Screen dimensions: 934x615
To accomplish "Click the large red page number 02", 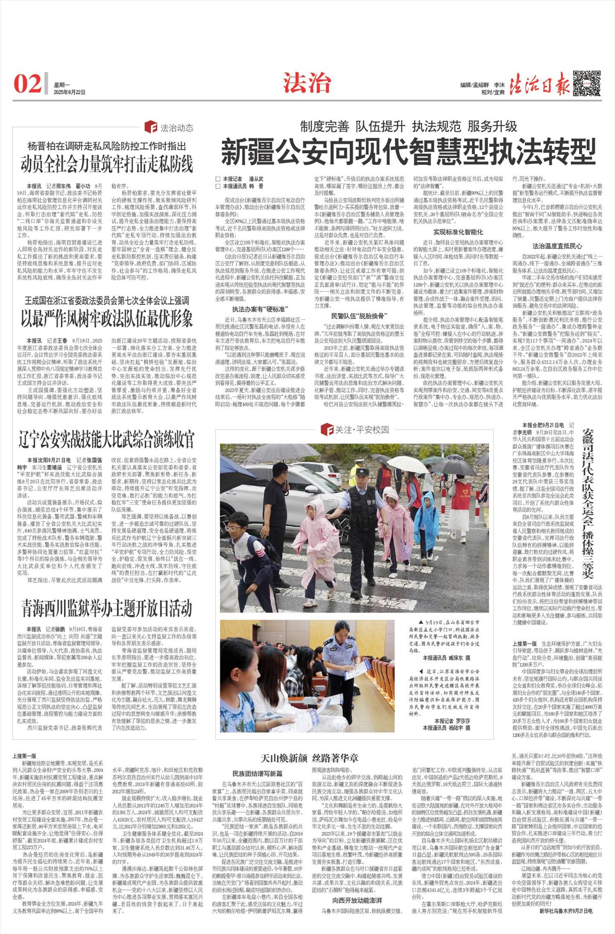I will coord(27,84).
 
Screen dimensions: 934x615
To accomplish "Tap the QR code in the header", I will coord(587,83).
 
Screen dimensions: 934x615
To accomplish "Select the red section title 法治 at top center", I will coord(307,83).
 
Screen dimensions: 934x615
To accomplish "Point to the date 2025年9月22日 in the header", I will coord(70,93).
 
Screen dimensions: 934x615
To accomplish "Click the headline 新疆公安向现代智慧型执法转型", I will coord(408,152).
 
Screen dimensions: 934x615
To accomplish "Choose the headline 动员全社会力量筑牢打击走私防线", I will coord(107,164).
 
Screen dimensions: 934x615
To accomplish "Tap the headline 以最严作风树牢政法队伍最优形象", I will coord(107,318).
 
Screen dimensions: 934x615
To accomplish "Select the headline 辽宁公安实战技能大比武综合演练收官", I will coord(107,440).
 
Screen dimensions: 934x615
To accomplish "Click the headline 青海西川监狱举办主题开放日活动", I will coord(107,608).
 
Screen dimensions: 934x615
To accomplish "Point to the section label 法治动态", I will coord(176,128).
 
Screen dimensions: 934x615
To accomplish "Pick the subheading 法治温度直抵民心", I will coord(557,246).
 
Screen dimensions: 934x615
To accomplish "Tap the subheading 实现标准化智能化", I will coord(458,232).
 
